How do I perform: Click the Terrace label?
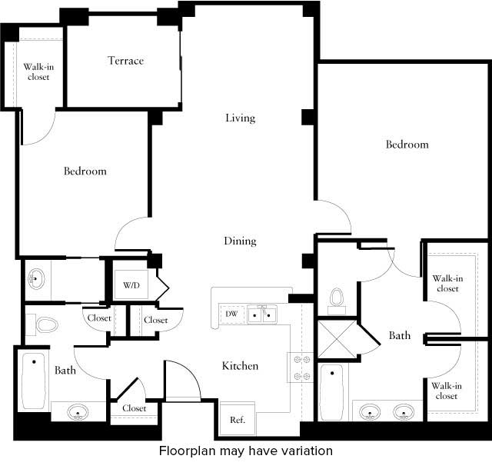click(x=125, y=61)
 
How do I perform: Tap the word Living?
click(x=240, y=118)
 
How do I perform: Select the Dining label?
click(x=240, y=241)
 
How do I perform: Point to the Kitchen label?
click(x=240, y=366)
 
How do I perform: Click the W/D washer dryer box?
click(x=132, y=286)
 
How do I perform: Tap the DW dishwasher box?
click(x=231, y=314)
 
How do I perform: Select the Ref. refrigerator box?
click(x=237, y=420)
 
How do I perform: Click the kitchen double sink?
click(x=261, y=314)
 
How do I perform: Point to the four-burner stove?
click(x=299, y=367)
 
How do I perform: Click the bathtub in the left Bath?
click(x=32, y=382)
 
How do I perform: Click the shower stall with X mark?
click(x=337, y=339)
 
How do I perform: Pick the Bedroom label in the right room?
click(x=407, y=145)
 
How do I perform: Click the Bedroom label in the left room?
click(x=85, y=171)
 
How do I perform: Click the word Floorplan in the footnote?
click(x=185, y=451)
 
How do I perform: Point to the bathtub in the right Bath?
click(x=331, y=392)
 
